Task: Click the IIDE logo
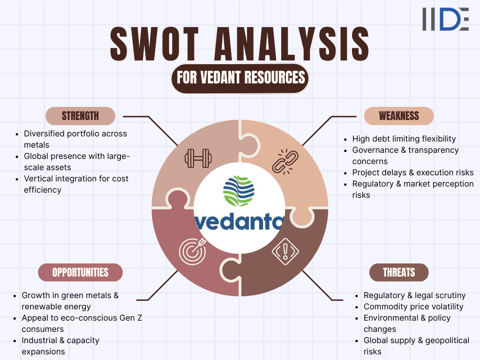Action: [x=445, y=19]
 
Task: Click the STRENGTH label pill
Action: [x=80, y=116]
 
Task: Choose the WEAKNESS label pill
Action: [x=399, y=116]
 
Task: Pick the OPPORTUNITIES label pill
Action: [x=80, y=272]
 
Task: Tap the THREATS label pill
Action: [x=399, y=272]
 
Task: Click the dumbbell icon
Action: [x=197, y=158]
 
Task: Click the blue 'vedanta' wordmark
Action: [x=239, y=220]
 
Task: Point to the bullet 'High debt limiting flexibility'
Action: [x=404, y=139]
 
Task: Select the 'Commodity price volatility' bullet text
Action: [x=413, y=307]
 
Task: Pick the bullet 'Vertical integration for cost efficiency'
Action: [x=76, y=184]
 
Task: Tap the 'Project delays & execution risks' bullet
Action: [x=413, y=172]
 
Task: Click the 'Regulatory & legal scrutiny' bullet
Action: [x=414, y=295]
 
